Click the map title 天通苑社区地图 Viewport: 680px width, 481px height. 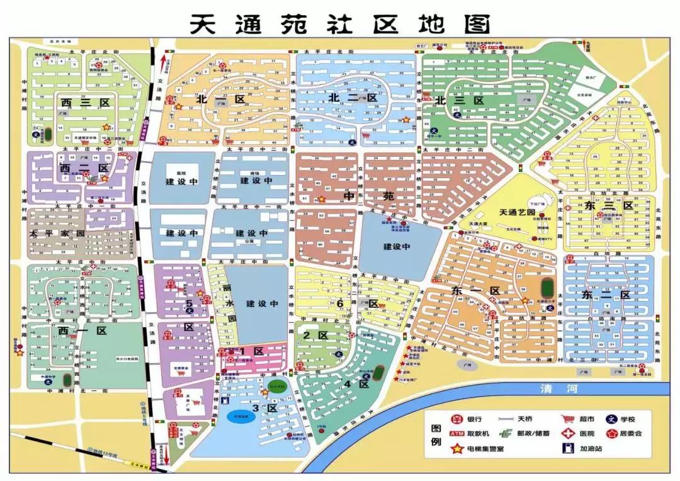340,24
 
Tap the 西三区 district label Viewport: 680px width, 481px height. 85,102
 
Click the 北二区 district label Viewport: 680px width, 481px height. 352,98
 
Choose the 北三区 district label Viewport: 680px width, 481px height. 458,100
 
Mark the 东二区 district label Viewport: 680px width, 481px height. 606,295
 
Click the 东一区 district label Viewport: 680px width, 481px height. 476,291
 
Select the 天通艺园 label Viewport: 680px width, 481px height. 517,213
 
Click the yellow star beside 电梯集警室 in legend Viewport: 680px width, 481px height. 456,449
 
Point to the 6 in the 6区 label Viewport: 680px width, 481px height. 340,303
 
